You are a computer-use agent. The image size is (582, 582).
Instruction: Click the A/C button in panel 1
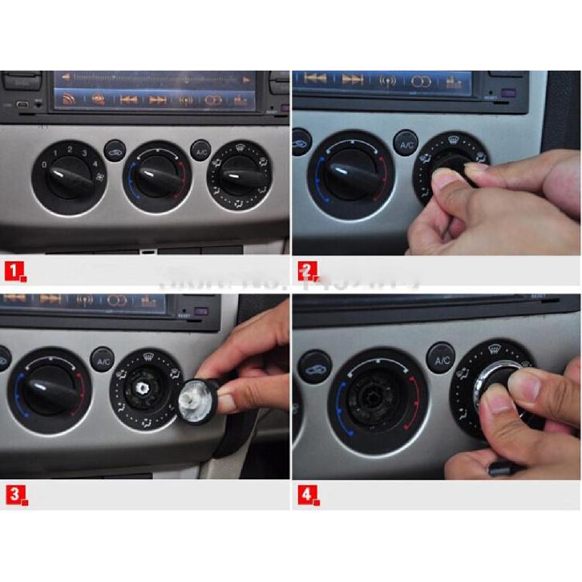click(200, 149)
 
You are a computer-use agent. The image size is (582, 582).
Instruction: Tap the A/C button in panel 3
click(103, 362)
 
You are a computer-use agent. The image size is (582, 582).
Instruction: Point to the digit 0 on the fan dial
click(45, 164)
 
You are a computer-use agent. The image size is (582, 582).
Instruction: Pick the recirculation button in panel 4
click(314, 366)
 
